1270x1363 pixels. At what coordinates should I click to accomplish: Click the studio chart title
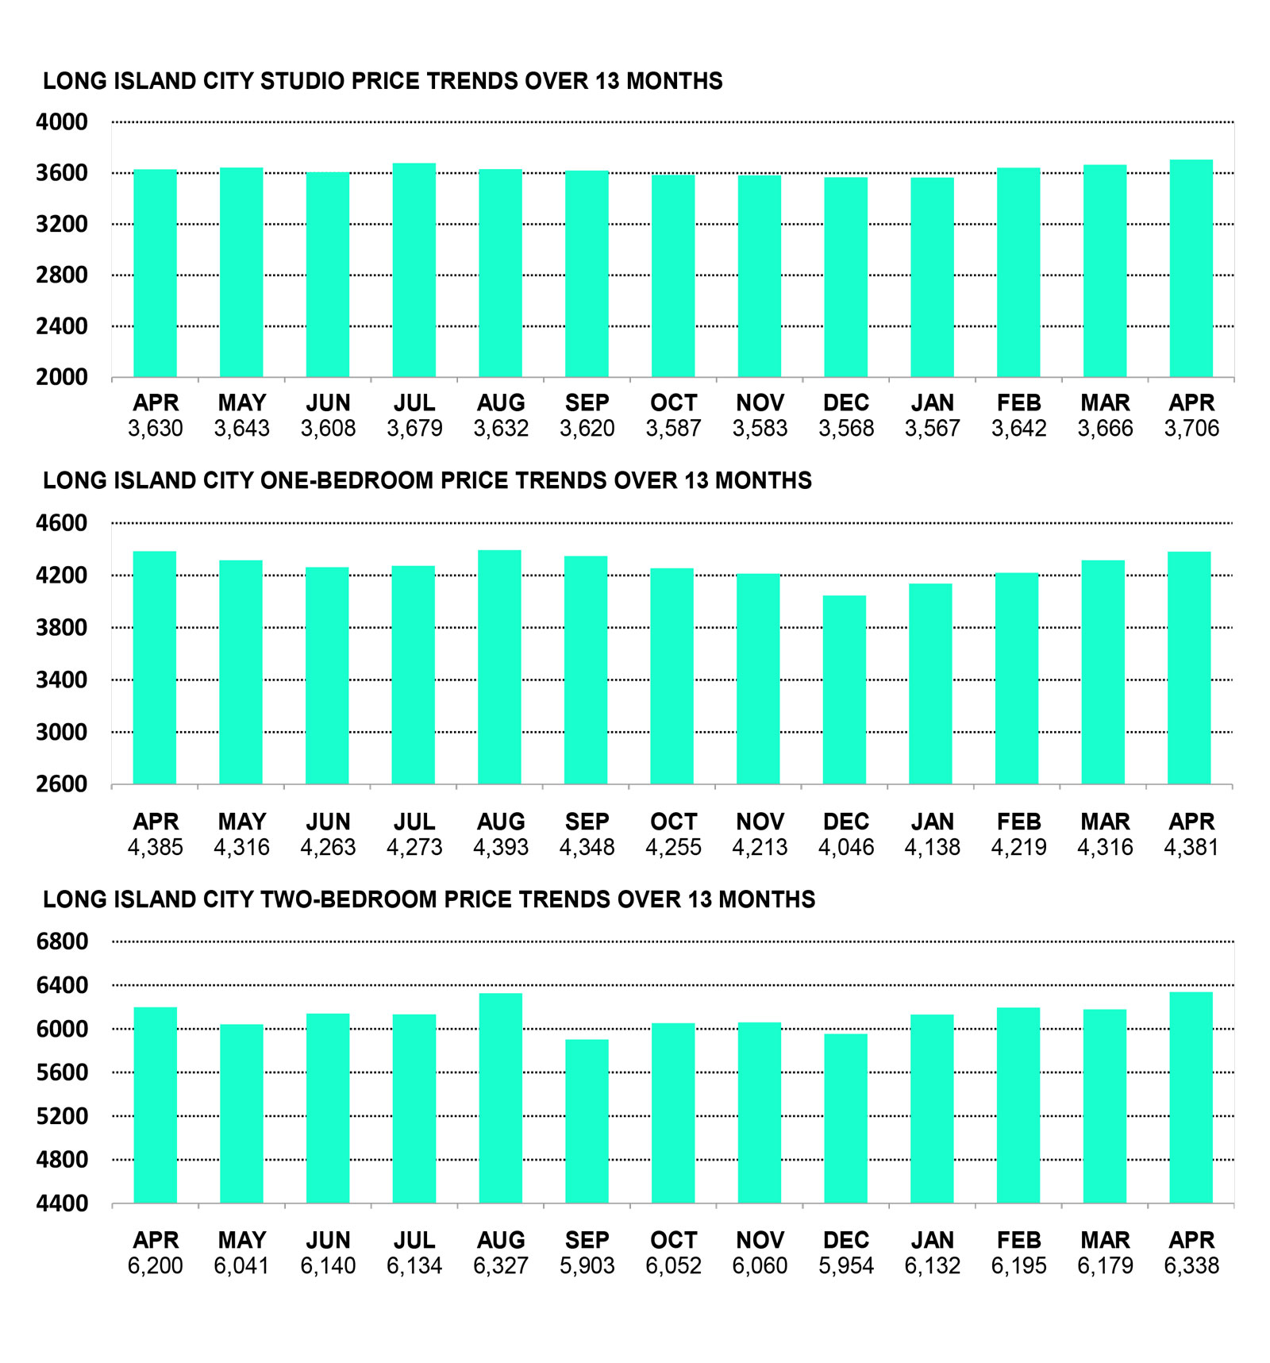[383, 81]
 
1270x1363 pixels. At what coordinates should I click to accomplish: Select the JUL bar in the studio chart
[414, 270]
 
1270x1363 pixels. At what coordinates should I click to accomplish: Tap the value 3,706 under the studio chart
[1191, 429]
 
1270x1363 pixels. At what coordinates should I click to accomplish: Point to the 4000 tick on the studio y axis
[62, 122]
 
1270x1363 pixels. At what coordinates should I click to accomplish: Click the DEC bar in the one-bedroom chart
[845, 690]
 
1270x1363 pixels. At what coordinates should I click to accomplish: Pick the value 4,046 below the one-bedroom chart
[846, 847]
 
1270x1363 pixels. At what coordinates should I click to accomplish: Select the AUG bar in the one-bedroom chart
[499, 667]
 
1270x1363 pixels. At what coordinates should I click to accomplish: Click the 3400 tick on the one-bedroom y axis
[62, 680]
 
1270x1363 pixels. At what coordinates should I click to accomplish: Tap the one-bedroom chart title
[427, 480]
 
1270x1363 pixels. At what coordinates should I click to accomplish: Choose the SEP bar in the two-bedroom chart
[587, 1121]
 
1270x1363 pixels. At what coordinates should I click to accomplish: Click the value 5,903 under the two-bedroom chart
[587, 1265]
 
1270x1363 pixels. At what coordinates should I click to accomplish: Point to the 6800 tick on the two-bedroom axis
[62, 941]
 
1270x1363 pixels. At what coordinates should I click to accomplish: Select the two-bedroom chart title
[429, 899]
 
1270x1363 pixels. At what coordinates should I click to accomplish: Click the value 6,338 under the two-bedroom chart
[1191, 1265]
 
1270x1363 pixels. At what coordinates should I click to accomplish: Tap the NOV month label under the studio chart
[760, 402]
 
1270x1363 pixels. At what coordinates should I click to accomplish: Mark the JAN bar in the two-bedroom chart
[932, 1108]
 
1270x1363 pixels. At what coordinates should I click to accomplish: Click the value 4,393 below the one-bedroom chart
[501, 847]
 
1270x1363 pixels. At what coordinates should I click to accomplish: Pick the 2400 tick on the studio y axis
[62, 326]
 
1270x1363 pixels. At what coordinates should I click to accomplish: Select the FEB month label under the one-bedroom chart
[1018, 822]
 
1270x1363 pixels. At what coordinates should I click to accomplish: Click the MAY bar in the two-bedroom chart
[241, 1114]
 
